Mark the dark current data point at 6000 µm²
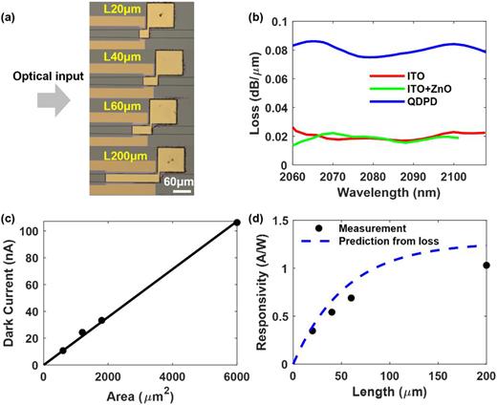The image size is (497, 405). [x=236, y=223]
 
